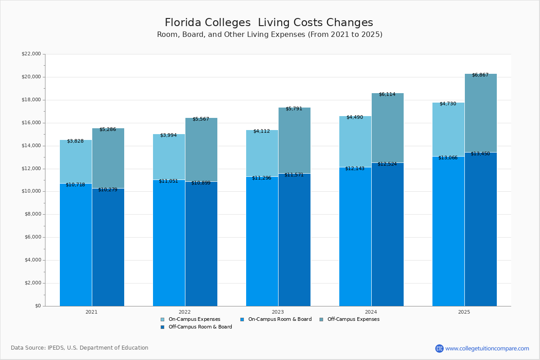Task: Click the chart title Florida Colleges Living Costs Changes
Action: pyautogui.click(x=269, y=22)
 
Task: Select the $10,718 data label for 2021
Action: pyautogui.click(x=75, y=184)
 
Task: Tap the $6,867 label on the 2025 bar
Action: pyautogui.click(x=480, y=75)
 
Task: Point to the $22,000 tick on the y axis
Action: pyautogui.click(x=31, y=54)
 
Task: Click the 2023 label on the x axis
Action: pyautogui.click(x=278, y=311)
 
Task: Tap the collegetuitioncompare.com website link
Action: pyautogui.click(x=487, y=348)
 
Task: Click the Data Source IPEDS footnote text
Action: pyautogui.click(x=80, y=348)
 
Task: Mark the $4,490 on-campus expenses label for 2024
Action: pyautogui.click(x=355, y=117)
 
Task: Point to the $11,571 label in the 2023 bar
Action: pyautogui.click(x=294, y=175)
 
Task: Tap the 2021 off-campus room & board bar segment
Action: pyautogui.click(x=108, y=247)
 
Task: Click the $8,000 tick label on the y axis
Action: pyautogui.click(x=32, y=214)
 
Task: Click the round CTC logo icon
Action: pyautogui.click(x=439, y=348)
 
